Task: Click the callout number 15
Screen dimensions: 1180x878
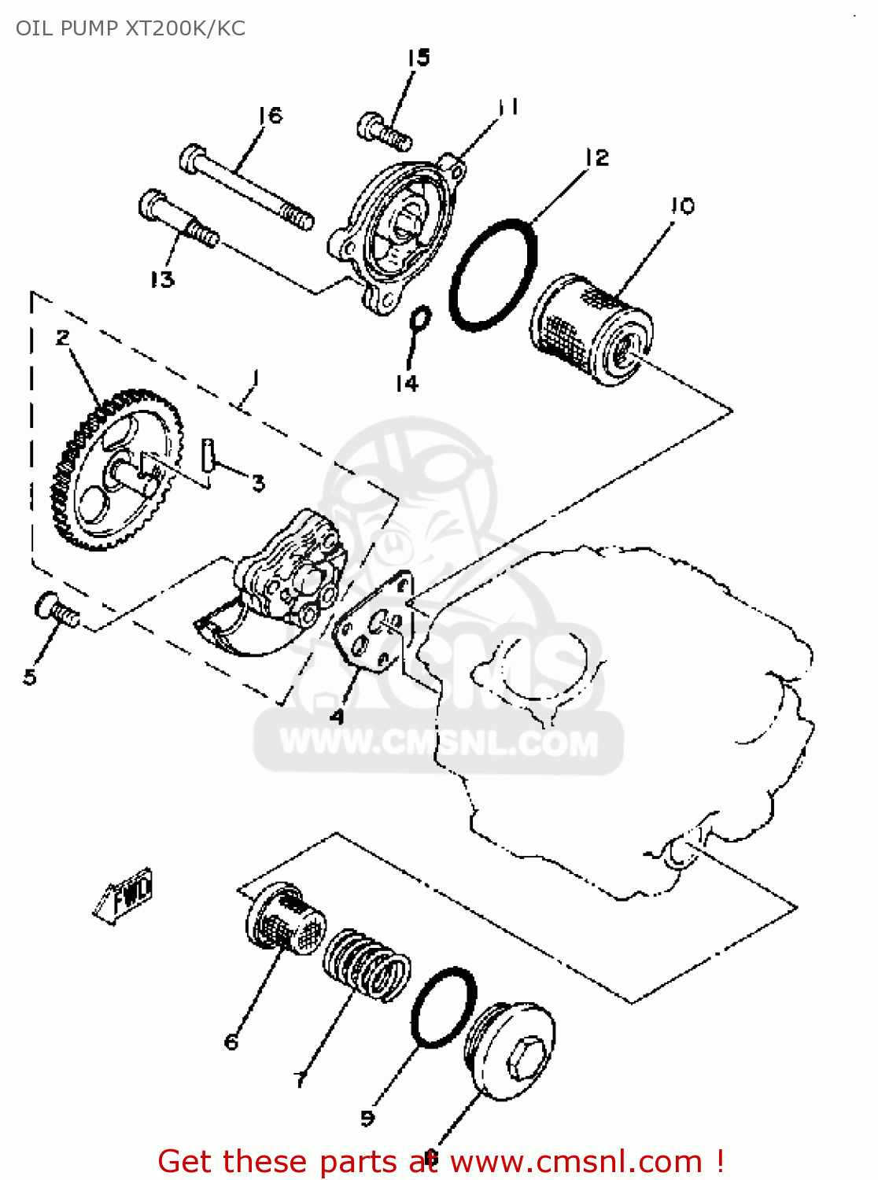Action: tap(419, 57)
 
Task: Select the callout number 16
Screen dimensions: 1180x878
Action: tap(270, 116)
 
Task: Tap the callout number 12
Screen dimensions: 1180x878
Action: tap(597, 157)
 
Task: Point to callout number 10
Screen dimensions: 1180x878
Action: tap(682, 206)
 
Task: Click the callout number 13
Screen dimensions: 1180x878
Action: tap(162, 279)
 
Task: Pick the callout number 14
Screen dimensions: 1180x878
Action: tap(407, 383)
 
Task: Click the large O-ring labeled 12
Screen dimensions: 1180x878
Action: tap(493, 275)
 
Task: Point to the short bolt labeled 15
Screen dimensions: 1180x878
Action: tap(385, 131)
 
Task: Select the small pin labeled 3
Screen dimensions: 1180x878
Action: tap(208, 455)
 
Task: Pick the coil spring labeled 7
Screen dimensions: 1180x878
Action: tap(367, 964)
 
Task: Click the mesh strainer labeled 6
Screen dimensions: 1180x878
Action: tap(285, 920)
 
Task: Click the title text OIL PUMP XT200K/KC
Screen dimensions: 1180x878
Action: tap(131, 28)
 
